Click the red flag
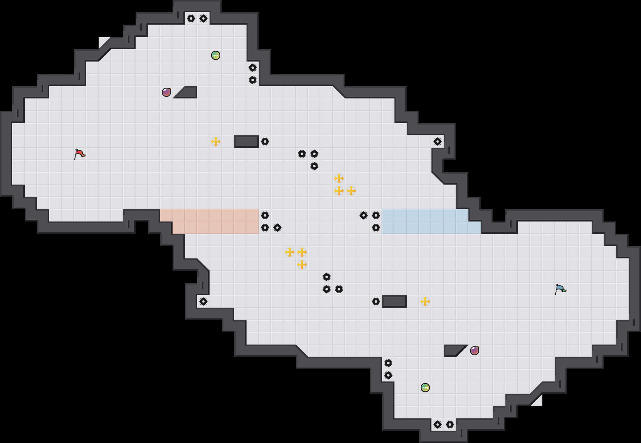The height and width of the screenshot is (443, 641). pyautogui.click(x=80, y=154)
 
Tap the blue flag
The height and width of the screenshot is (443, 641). pyautogui.click(x=560, y=289)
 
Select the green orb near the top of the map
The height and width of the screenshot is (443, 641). pyautogui.click(x=216, y=55)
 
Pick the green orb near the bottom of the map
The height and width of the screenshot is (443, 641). pyautogui.click(x=425, y=388)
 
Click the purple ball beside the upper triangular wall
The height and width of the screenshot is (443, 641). pyautogui.click(x=166, y=92)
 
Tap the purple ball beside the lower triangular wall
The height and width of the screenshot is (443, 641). pyautogui.click(x=475, y=351)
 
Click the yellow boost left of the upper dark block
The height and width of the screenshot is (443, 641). pyautogui.click(x=216, y=142)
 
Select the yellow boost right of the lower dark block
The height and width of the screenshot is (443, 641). pyautogui.click(x=425, y=301)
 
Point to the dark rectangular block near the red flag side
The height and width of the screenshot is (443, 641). pyautogui.click(x=247, y=142)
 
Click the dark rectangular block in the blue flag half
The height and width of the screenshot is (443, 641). pyautogui.click(x=394, y=301)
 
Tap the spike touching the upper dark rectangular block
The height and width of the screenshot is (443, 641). pyautogui.click(x=265, y=142)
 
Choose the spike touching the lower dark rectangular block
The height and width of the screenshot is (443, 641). pyautogui.click(x=376, y=301)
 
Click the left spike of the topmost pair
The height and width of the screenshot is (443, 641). pyautogui.click(x=191, y=18)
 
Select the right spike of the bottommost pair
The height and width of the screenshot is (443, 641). pyautogui.click(x=450, y=425)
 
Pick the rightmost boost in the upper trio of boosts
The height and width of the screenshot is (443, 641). pyautogui.click(x=351, y=191)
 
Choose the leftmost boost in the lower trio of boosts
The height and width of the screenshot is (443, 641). pyautogui.click(x=290, y=252)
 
